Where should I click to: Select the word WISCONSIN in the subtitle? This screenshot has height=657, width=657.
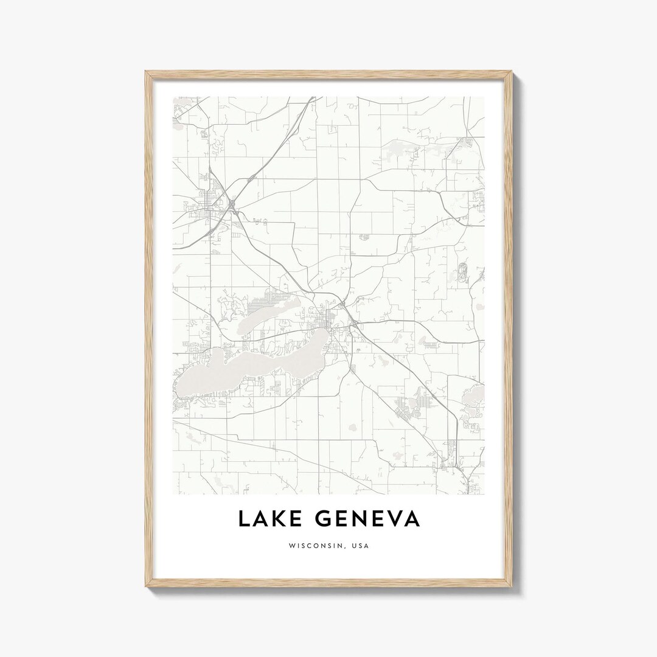[315, 546]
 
